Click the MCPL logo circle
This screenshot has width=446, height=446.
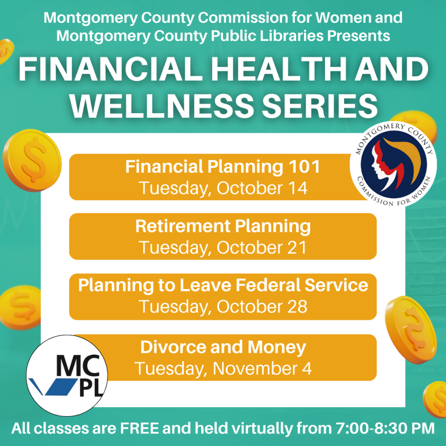(68, 375)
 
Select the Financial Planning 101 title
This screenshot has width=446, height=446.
(223, 167)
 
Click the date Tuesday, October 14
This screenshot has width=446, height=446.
(223, 189)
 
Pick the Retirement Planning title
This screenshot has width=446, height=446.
(223, 226)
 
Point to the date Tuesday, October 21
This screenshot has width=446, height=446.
(223, 248)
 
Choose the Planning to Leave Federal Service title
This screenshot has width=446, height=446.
(223, 285)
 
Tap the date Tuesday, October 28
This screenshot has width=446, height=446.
(223, 307)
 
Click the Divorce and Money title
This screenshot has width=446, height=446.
(223, 347)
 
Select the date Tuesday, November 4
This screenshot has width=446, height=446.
(223, 369)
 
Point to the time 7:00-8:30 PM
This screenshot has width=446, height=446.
(384, 428)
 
